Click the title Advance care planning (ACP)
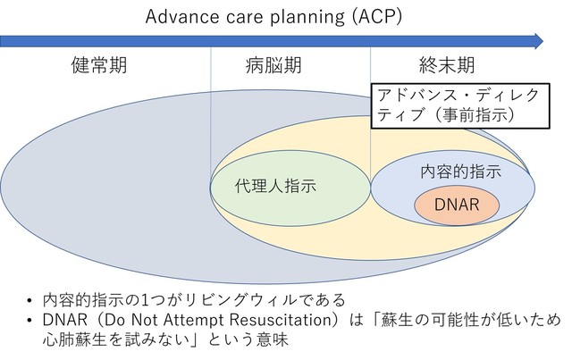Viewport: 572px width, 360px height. click(273, 17)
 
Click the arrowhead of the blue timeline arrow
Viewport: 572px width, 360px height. click(538, 41)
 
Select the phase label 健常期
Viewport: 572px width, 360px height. click(99, 65)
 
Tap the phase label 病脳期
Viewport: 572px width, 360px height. click(273, 65)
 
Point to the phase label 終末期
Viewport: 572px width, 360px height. click(447, 65)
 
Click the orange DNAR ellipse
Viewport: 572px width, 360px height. click(457, 205)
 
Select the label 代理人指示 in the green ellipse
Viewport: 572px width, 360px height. click(275, 186)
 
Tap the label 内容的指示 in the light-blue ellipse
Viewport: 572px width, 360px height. click(461, 172)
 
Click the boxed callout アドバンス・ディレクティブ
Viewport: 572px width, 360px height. click(460, 105)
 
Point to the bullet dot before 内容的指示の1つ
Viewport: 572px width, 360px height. click(29, 301)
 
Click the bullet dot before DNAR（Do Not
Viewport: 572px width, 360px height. click(29, 321)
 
